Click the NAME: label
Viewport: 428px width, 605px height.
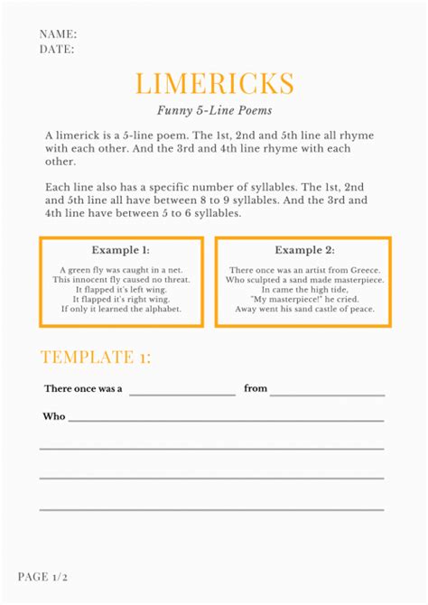(58, 34)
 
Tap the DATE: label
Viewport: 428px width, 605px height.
(57, 50)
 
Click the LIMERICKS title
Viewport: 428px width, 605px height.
(214, 84)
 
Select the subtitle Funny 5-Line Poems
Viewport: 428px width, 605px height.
(214, 110)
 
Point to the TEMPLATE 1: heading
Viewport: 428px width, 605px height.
(96, 358)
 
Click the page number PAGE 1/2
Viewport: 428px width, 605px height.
(43, 575)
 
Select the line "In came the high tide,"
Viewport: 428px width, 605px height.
(304, 290)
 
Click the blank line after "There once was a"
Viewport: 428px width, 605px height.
(181, 394)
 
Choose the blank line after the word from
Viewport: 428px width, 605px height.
(327, 394)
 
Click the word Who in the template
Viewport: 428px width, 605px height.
(54, 417)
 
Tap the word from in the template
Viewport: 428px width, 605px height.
(256, 388)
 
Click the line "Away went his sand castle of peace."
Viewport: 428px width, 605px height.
(304, 308)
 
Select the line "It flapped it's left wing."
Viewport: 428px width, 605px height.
(121, 290)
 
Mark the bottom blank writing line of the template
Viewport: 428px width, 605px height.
(211, 509)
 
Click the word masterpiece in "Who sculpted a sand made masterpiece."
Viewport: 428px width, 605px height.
(355, 280)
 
